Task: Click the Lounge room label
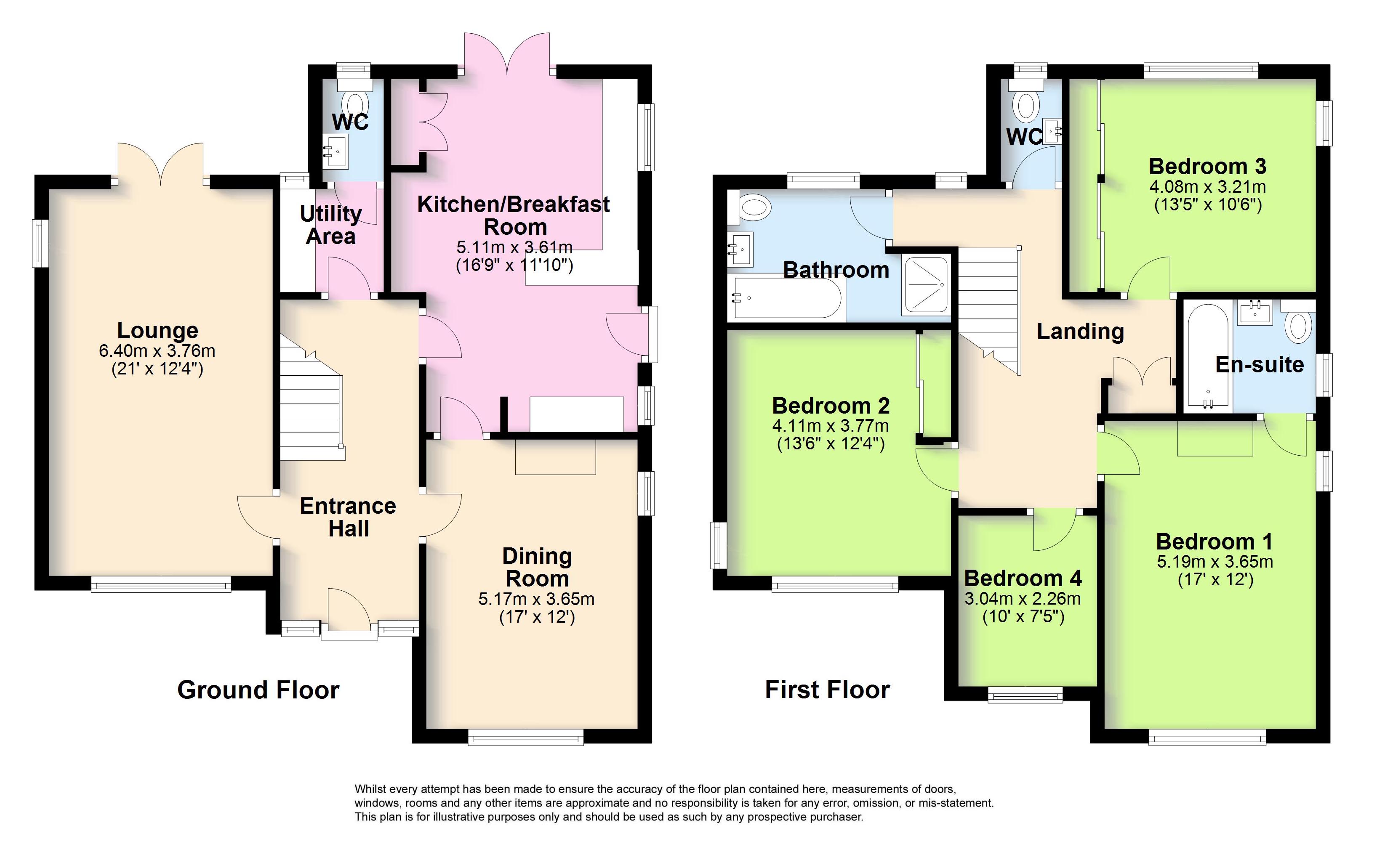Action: [157, 330]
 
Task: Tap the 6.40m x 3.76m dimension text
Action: [157, 351]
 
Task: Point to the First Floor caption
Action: [828, 689]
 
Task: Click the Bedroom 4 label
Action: [1023, 578]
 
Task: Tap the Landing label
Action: [1081, 332]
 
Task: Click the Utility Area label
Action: [331, 225]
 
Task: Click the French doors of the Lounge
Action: [161, 163]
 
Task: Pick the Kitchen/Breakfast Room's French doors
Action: [507, 53]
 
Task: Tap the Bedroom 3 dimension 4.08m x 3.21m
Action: [1208, 186]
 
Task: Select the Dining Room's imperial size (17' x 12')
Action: [537, 618]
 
